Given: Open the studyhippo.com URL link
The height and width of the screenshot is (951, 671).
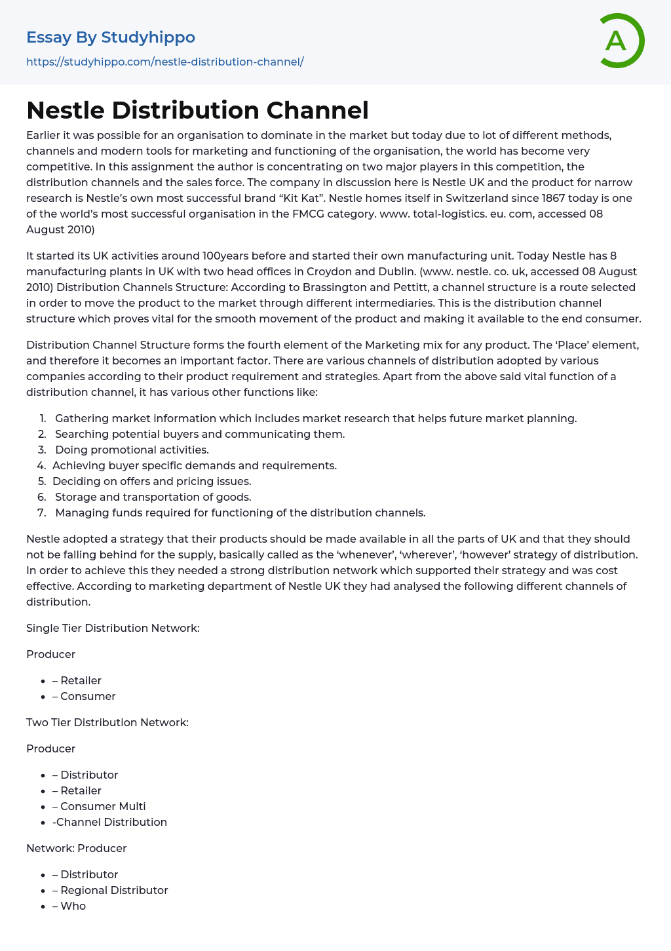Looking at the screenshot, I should (x=165, y=62).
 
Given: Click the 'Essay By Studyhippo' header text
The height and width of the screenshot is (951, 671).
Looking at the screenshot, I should (x=111, y=37).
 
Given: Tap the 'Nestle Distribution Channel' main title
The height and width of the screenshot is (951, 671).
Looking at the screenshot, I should (x=197, y=110).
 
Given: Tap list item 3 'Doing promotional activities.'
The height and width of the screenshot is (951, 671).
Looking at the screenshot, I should (x=132, y=450).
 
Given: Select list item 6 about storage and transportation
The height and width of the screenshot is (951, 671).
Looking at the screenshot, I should (x=153, y=497).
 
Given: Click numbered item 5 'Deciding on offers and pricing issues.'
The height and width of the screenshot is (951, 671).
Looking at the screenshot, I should (x=152, y=481).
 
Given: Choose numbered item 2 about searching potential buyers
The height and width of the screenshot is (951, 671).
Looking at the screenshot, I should (x=200, y=434).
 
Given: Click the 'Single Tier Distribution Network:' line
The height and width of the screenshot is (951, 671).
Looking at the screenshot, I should (x=113, y=628).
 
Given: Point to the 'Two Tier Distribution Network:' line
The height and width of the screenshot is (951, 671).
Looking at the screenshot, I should (x=107, y=722).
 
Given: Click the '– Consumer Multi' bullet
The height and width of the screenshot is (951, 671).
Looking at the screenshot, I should (x=99, y=806).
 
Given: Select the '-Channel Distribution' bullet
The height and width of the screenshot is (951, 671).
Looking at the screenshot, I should (x=109, y=822).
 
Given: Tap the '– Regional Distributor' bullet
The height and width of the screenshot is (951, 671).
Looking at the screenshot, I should (x=110, y=890).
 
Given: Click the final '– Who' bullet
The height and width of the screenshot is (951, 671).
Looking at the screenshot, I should (x=69, y=906).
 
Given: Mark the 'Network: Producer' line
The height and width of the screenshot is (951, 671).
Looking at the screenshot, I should (x=77, y=848).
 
